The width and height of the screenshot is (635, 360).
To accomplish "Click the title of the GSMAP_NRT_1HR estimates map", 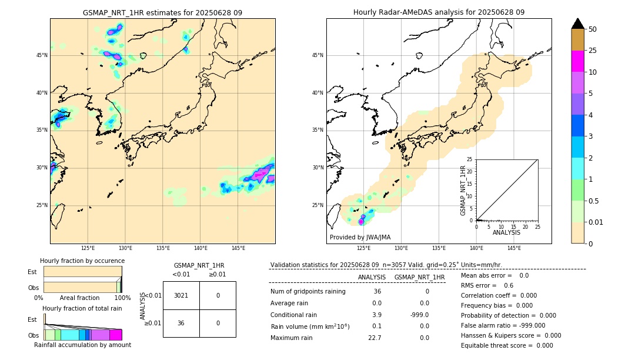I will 162,12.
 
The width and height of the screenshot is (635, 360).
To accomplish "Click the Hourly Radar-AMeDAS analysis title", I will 439,12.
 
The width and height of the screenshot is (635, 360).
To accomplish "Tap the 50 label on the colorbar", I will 593,29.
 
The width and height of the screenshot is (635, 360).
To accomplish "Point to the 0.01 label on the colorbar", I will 596,222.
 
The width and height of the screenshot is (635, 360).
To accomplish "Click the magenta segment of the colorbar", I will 577,61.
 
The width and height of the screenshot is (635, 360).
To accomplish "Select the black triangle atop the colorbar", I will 577,23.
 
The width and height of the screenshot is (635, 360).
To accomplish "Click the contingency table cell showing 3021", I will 181,295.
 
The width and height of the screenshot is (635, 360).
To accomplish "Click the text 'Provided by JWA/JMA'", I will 360,238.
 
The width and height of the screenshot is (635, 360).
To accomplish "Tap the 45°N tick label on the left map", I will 42,55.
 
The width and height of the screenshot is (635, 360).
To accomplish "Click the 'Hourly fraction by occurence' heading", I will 82,261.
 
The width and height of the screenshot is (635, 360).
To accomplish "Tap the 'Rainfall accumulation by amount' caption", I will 82,345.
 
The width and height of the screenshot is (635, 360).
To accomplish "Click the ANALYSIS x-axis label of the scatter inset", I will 506,232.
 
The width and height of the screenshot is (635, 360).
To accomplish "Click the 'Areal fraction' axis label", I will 79,298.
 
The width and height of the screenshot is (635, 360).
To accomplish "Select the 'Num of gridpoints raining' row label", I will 308,291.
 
